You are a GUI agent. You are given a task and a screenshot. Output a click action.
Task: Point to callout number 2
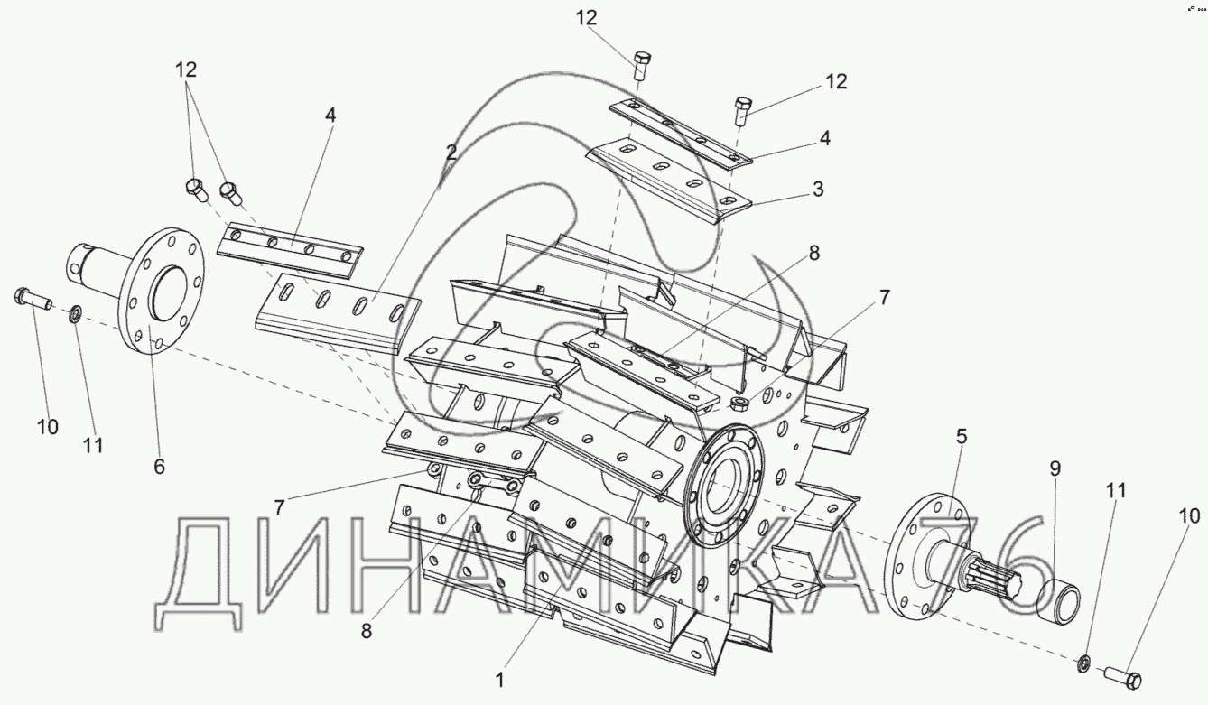tap(451, 153)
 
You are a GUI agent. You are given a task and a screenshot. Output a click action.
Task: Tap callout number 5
tap(961, 437)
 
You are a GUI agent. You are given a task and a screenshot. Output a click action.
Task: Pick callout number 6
tap(159, 466)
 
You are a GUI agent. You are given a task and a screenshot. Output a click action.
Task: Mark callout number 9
tap(1055, 468)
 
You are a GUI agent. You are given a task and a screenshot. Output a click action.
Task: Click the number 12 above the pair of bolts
tap(186, 70)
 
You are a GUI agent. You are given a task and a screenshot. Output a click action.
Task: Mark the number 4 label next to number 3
tap(825, 138)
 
